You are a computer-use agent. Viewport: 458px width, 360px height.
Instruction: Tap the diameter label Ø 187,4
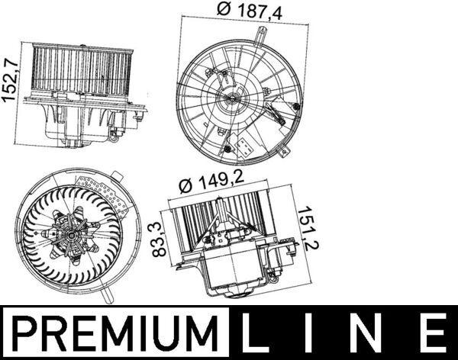(x=247, y=10)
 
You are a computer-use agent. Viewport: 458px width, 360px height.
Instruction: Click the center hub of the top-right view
(x=233, y=98)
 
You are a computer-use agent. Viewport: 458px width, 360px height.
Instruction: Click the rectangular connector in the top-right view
(x=247, y=147)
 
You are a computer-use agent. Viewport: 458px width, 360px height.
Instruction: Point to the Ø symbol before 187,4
(x=223, y=10)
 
